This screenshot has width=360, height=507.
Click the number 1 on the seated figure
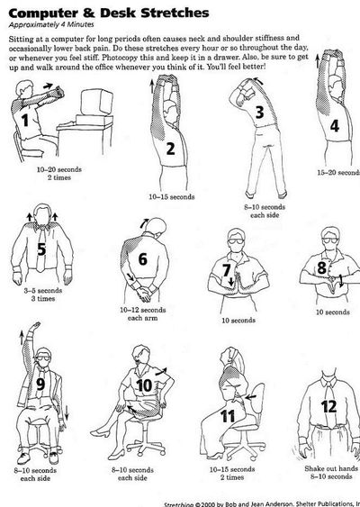25,121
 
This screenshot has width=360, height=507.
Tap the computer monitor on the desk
96,102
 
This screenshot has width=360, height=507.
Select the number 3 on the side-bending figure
259,112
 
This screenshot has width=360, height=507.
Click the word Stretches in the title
175,14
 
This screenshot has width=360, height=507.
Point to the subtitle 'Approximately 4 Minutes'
51,24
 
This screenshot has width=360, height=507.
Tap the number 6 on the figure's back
142,259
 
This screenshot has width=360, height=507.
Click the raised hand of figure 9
35,327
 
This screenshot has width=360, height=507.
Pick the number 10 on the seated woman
144,385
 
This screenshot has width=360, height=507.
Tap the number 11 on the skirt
228,417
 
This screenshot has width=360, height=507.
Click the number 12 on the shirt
329,406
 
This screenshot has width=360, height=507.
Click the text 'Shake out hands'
331,468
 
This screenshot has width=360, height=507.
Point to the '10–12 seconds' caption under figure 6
143,310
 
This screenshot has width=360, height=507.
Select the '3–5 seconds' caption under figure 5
43,290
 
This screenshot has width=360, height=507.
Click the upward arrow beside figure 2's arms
152,86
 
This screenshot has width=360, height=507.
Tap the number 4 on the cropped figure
335,126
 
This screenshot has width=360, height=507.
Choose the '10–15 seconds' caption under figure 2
172,196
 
